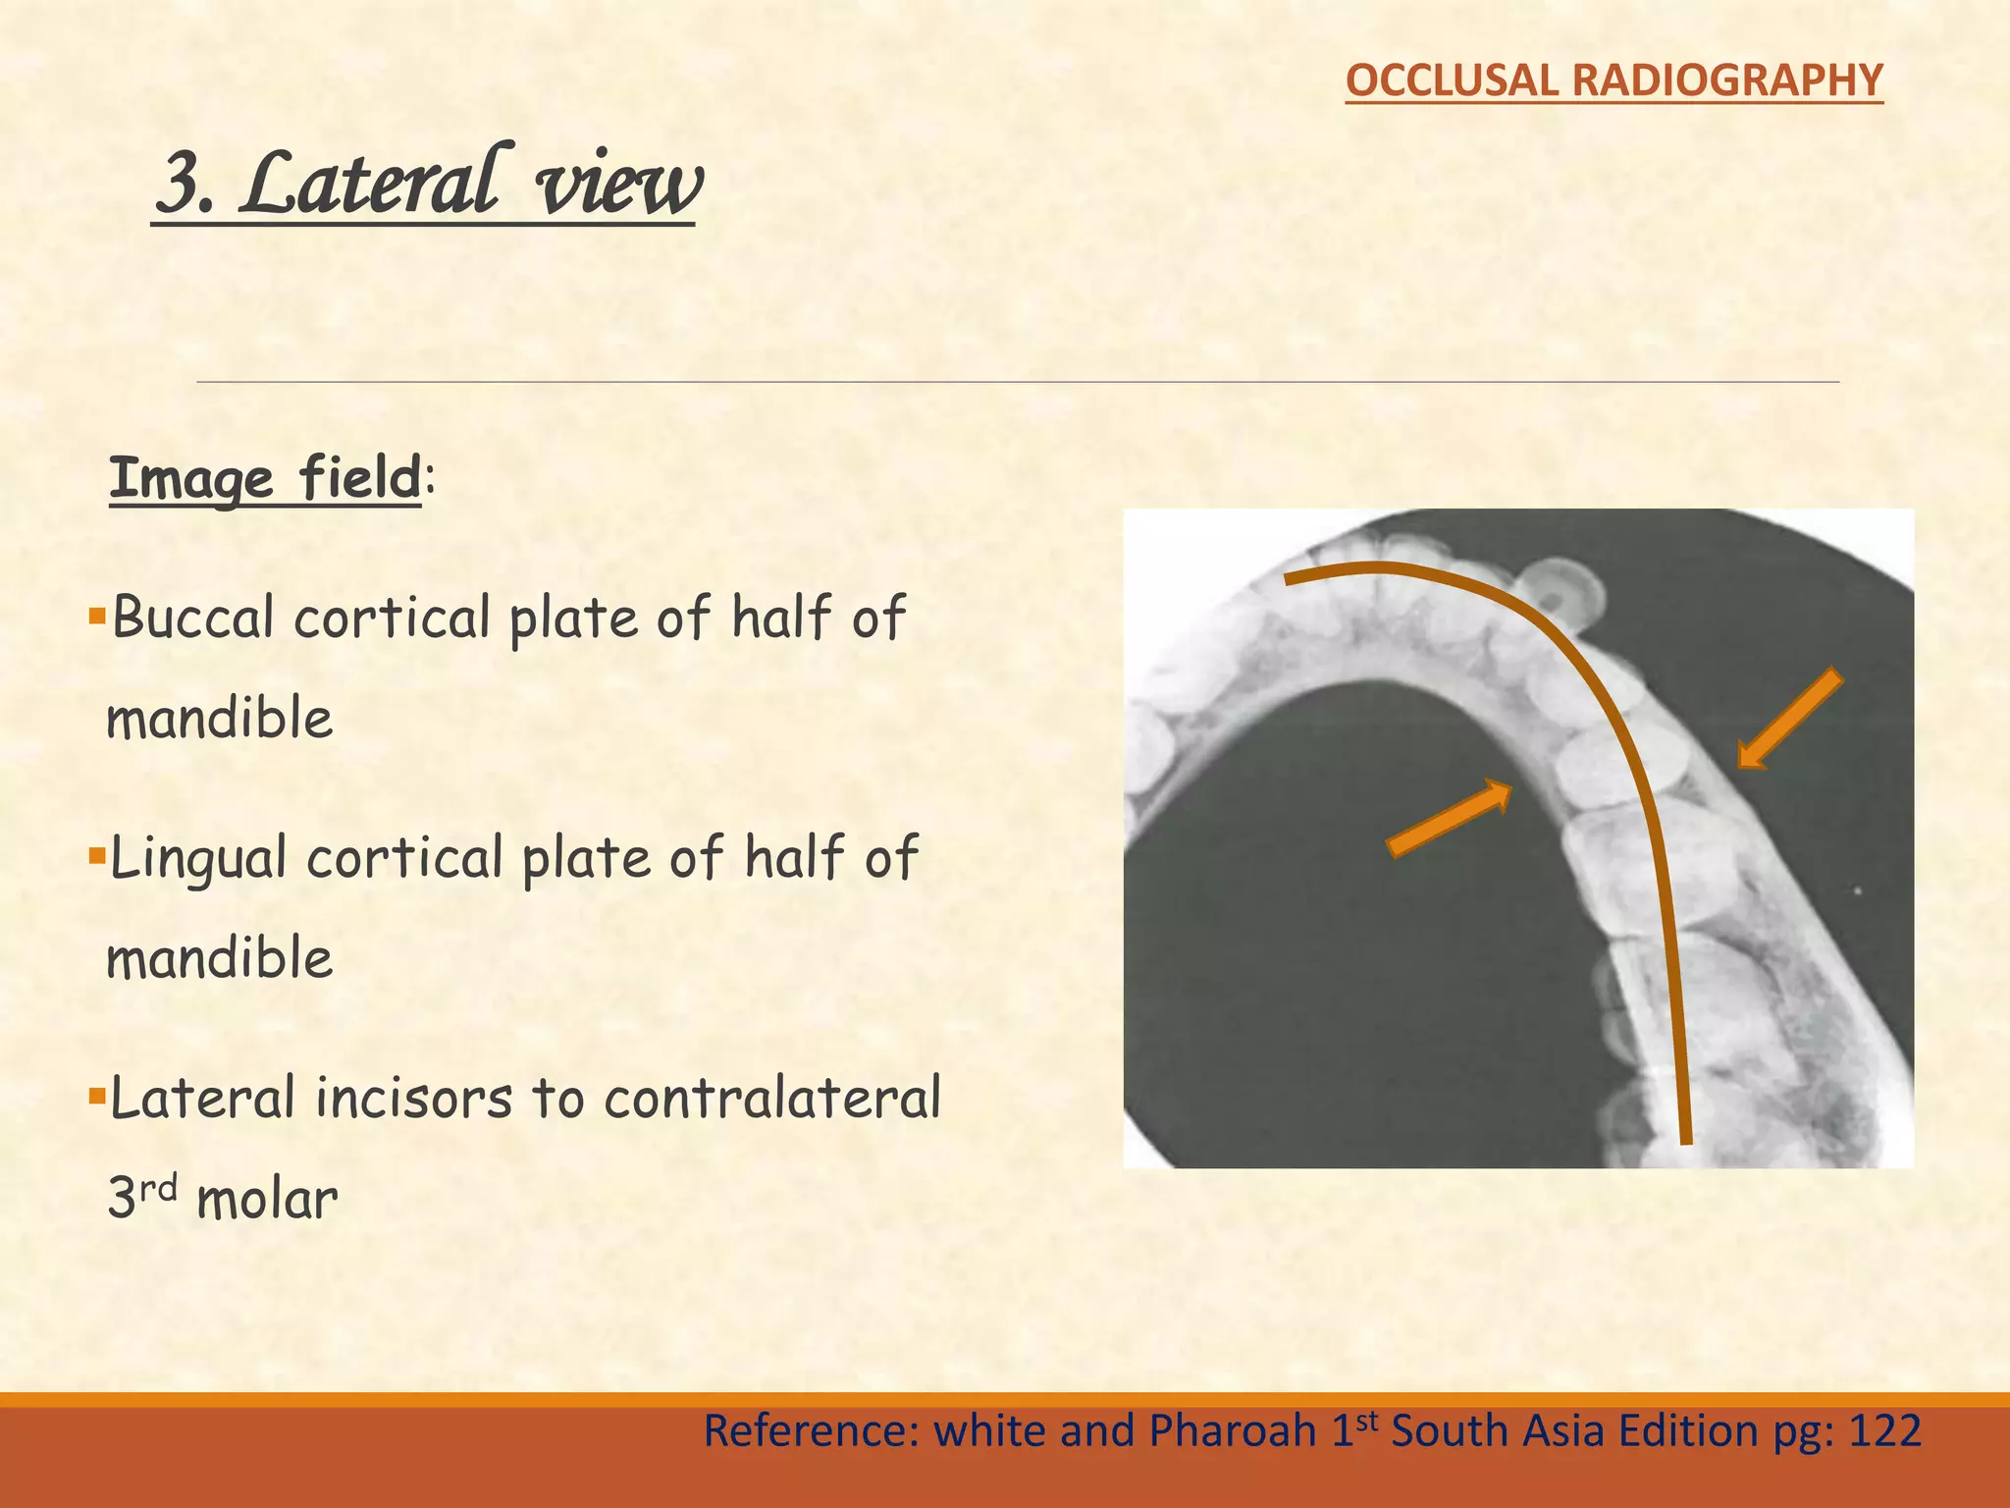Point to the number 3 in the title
click(182, 184)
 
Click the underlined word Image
click(191, 479)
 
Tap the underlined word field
click(361, 479)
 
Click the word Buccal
click(192, 619)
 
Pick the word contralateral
click(772, 1098)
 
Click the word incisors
click(413, 1098)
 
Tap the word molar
click(267, 1200)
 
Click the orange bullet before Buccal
click(96, 617)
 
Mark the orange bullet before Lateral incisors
click(96, 1096)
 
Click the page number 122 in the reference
click(1884, 1431)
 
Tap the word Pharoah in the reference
click(1233, 1431)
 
